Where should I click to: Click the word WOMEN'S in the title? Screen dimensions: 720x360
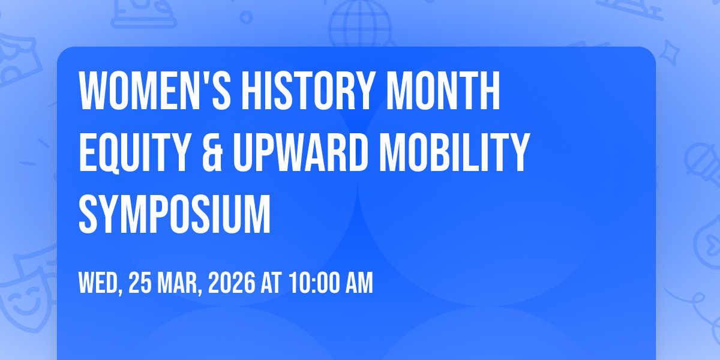[155, 91]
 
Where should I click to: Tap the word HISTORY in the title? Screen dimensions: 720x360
[308, 91]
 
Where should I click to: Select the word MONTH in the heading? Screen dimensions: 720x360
[443, 91]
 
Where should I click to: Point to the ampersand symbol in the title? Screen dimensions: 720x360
[212, 152]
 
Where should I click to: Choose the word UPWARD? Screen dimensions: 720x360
[301, 152]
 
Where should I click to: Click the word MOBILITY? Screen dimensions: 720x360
[455, 152]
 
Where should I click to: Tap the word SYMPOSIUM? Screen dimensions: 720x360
[175, 214]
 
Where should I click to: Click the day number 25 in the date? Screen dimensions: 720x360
[140, 283]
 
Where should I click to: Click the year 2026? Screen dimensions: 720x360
[232, 283]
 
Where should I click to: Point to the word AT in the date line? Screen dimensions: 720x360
[271, 283]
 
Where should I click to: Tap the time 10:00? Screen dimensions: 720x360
[314, 283]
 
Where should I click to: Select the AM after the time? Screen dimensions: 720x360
[359, 283]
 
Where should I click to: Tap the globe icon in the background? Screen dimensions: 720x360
[361, 23]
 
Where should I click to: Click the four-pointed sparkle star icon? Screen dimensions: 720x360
[670, 53]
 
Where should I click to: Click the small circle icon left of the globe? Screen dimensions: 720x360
[246, 17]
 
